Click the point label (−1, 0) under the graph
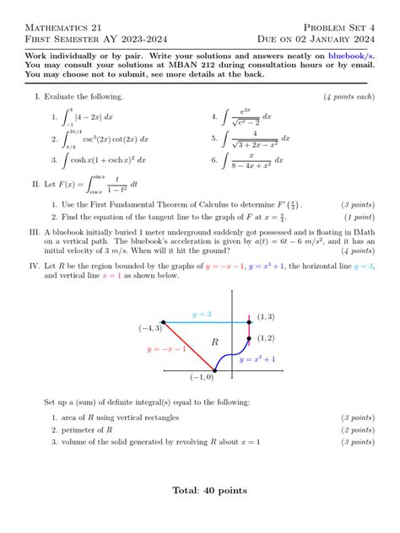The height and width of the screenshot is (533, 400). [202, 377]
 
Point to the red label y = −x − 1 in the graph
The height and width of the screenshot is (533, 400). [166, 348]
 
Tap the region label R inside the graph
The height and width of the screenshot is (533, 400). [214, 342]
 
